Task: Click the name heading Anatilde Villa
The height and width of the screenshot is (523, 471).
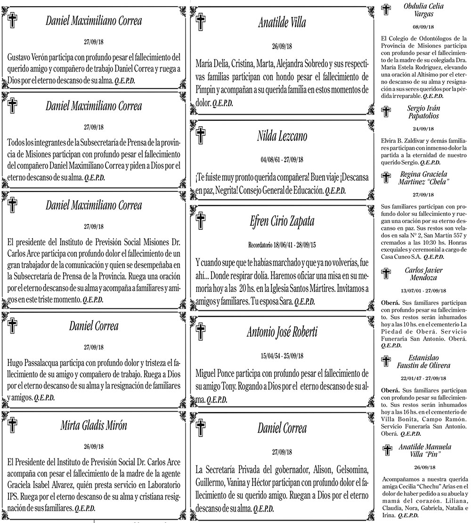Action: tap(282, 22)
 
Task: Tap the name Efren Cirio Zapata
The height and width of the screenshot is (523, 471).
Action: tap(282, 222)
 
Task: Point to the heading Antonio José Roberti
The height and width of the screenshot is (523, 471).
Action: tap(282, 332)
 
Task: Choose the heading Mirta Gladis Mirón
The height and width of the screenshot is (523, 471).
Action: tap(94, 425)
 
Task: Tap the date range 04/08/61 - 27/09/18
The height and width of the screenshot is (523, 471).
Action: tap(282, 159)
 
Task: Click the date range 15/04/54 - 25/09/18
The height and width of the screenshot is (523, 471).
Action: tap(282, 355)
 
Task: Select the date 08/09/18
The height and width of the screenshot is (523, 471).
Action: tap(423, 27)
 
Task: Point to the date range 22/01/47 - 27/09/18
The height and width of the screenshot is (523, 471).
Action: tap(423, 379)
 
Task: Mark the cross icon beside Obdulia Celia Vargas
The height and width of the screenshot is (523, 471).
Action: tap(387, 10)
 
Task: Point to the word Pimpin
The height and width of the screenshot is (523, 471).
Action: tap(208, 90)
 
